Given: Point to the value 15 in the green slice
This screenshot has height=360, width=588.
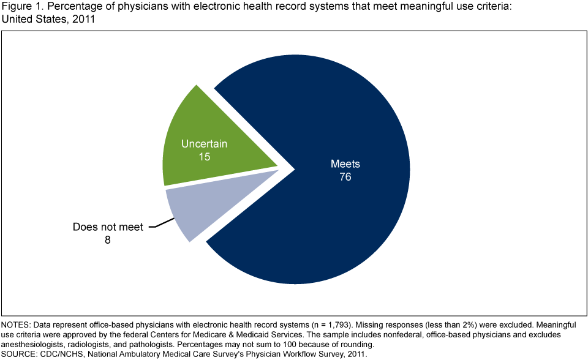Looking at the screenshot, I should pos(204,157).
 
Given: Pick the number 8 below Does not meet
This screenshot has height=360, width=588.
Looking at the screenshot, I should pos(108,240).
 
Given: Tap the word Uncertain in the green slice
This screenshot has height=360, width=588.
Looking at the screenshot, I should pos(204,144).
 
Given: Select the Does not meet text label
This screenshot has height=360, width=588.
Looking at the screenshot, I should pos(108,227).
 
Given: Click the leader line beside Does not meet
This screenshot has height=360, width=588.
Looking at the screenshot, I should pos(158,225).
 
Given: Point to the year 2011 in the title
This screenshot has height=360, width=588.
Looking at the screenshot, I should pos(84,20).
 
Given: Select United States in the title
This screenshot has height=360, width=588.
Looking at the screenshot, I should pos(31,20).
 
